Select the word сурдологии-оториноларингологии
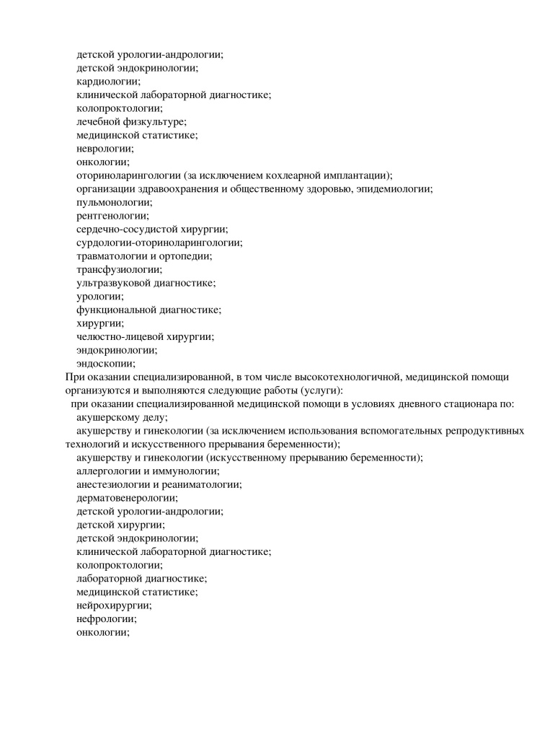(159, 242)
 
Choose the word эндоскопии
(105, 364)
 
